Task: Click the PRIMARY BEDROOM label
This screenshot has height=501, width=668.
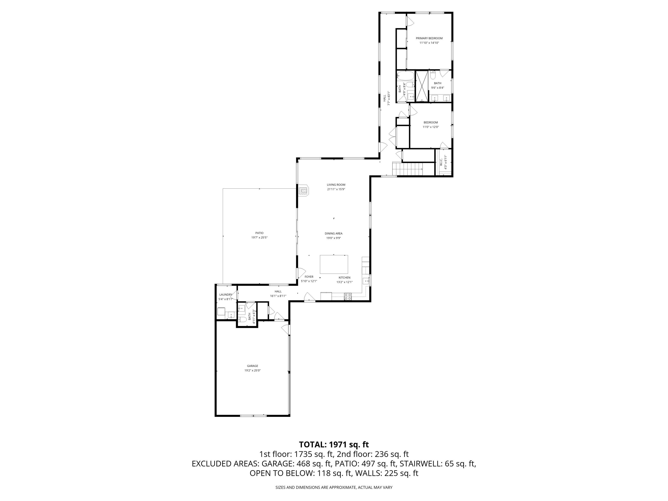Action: point(429,38)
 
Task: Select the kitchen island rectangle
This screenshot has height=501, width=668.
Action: point(334,264)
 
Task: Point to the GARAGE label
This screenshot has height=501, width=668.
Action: point(253,366)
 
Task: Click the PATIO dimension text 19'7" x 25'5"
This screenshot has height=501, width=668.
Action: point(259,237)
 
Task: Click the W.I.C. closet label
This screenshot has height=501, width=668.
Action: point(441,162)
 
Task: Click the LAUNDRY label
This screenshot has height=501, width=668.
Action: point(226,294)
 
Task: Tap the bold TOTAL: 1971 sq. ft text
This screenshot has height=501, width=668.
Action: point(334,444)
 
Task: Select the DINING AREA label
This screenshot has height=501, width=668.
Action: point(333,233)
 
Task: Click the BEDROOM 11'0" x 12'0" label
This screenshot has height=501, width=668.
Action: point(430,124)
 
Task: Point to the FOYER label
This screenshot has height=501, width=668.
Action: point(309,277)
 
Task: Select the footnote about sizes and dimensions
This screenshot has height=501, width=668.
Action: point(334,487)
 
